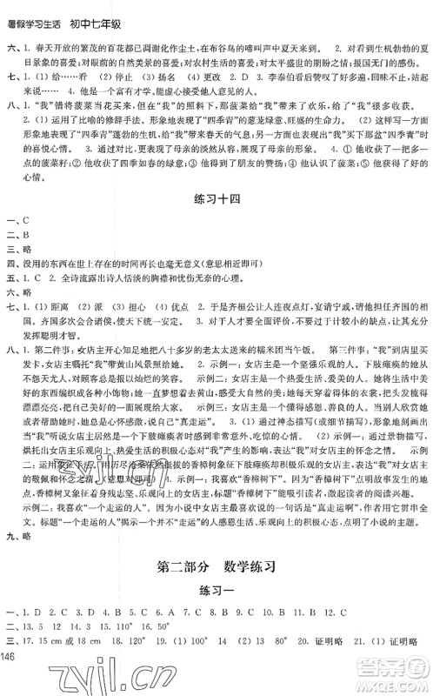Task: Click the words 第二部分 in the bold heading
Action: pyautogui.click(x=184, y=568)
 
